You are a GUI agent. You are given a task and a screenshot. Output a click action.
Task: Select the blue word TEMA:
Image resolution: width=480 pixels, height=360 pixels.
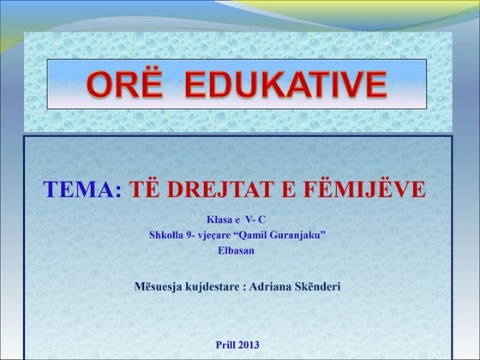82,190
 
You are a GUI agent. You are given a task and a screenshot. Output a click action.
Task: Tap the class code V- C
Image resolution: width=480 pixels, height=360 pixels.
260,219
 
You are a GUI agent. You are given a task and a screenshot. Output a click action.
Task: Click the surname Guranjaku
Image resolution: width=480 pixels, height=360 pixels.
306,234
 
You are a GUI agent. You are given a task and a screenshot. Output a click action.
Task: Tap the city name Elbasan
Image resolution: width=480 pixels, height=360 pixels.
236,249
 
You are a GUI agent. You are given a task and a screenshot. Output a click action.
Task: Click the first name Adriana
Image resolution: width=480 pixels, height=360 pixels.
271,285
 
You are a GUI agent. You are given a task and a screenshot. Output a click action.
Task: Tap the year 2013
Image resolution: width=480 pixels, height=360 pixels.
248,345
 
